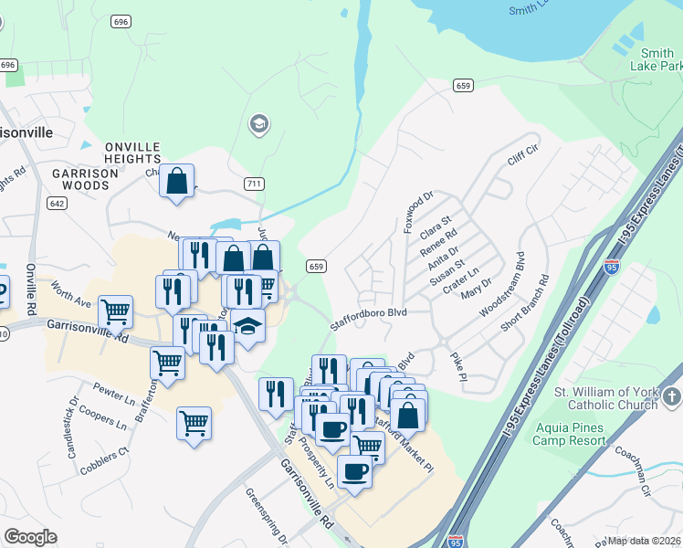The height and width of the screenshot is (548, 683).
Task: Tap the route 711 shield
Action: click(255, 184)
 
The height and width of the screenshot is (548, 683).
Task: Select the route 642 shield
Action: click(58, 204)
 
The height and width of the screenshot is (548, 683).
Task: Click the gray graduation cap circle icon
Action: click(258, 124)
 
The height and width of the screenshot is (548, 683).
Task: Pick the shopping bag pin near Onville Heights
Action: click(177, 181)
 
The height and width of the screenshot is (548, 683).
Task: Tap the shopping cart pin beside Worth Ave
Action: click(116, 312)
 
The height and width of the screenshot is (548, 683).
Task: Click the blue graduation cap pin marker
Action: click(247, 327)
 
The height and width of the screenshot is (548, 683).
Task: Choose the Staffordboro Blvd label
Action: click(367, 312)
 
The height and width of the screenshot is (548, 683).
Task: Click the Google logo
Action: click(30, 537)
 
